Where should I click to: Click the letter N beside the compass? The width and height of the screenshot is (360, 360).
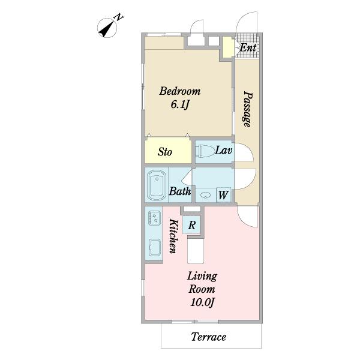tap(119, 17)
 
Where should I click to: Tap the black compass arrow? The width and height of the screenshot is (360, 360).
tap(106, 29)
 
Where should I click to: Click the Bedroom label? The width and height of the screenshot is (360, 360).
tap(180, 91)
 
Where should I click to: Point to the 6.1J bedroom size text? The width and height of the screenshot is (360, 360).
tap(180, 105)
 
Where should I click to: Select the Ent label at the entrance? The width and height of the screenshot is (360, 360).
tap(248, 48)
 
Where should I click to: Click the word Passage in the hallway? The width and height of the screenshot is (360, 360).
tap(248, 109)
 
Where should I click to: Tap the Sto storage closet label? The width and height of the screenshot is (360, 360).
tap(164, 152)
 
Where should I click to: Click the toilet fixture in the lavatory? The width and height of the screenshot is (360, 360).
tap(206, 151)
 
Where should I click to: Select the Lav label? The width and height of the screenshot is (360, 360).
tap(224, 151)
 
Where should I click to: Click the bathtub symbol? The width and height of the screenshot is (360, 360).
tap(157, 185)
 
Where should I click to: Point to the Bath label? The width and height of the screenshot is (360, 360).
tap(180, 191)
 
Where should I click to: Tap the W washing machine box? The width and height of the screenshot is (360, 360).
tap(223, 195)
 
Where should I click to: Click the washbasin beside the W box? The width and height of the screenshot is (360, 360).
tap(205, 196)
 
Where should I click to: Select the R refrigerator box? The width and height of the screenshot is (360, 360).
tap(192, 225)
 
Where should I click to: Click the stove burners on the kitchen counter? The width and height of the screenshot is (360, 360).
tap(154, 218)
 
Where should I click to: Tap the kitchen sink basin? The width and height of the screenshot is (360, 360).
tap(155, 247)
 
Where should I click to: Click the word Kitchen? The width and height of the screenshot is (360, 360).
tap(173, 236)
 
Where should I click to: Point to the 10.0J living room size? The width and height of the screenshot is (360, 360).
tap(202, 302)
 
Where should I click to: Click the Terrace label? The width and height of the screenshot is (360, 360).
tap(208, 337)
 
